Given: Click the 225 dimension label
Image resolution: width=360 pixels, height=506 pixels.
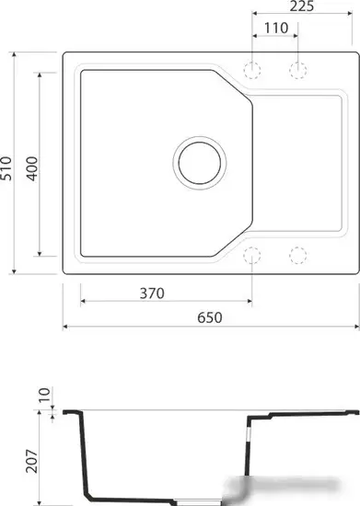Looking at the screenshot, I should pyautogui.click(x=303, y=8).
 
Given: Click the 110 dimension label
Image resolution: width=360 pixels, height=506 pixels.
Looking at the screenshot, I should pyautogui.click(x=275, y=28).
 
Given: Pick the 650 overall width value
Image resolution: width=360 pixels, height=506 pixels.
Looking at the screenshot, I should pyautogui.click(x=209, y=317).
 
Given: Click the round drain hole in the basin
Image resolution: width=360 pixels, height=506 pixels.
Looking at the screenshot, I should pyautogui.click(x=199, y=162).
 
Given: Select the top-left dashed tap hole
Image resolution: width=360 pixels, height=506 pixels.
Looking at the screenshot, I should pyautogui.click(x=252, y=70).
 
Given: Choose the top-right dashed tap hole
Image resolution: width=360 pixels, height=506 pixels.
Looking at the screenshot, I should pyautogui.click(x=297, y=70).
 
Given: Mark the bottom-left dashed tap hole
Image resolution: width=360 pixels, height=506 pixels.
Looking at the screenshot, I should pyautogui.click(x=252, y=255).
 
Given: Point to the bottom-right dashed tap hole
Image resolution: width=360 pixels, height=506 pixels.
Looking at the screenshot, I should pyautogui.click(x=297, y=255).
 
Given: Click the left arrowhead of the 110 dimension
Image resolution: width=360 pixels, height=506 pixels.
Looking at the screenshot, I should pyautogui.click(x=256, y=36).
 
